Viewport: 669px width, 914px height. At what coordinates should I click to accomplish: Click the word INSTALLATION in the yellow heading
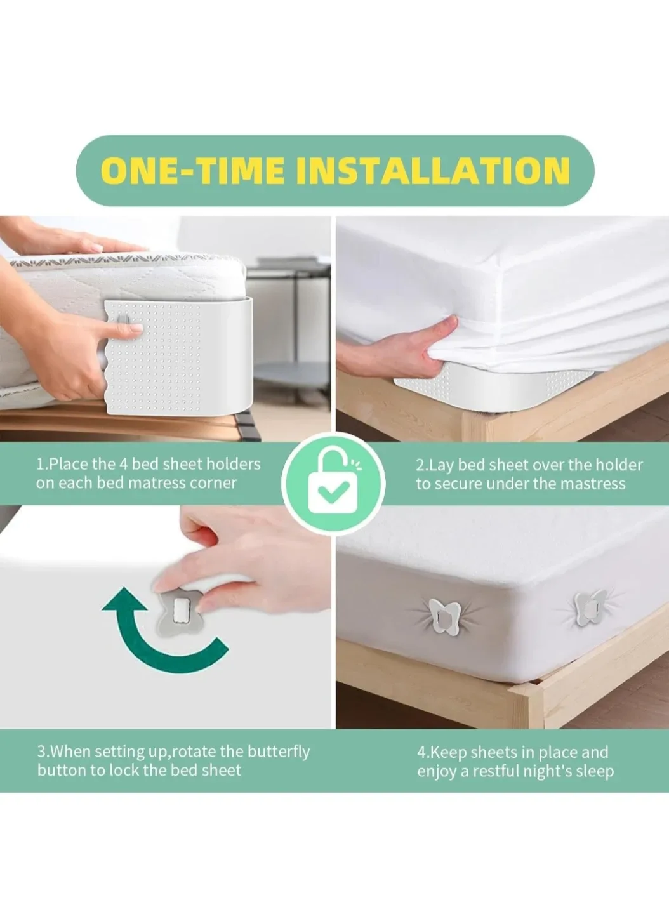point(433,171)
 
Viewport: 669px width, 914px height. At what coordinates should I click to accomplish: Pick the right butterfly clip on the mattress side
point(590,606)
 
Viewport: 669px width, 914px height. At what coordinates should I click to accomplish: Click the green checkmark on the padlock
point(332,491)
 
